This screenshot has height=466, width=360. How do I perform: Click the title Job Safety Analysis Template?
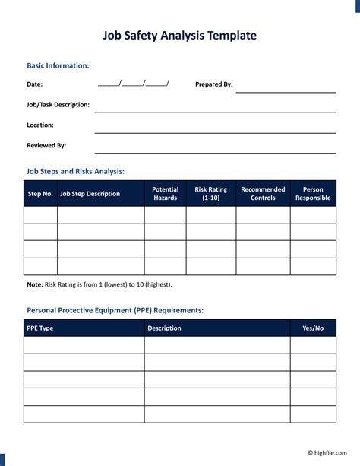(x=180, y=35)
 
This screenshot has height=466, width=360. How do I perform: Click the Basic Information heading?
(x=58, y=66)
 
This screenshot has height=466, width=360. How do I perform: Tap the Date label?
(x=35, y=84)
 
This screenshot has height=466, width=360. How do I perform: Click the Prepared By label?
(x=214, y=84)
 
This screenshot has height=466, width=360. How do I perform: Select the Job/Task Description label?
(x=58, y=104)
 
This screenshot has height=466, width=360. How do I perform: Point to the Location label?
(x=40, y=125)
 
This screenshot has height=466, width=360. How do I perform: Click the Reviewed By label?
(x=46, y=144)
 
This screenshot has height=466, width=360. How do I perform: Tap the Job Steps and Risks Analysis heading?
(x=75, y=171)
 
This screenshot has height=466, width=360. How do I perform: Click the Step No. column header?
(x=40, y=194)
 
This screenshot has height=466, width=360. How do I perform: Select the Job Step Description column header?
(x=90, y=194)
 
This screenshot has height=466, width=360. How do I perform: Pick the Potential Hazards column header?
(x=165, y=194)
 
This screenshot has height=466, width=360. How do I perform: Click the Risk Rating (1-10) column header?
(x=211, y=194)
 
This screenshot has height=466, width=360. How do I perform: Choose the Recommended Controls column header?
(x=263, y=194)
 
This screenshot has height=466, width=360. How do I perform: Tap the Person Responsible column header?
(x=313, y=194)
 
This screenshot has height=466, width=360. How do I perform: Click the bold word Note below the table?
(x=35, y=284)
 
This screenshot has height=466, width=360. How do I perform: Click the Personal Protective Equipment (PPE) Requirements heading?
(x=115, y=310)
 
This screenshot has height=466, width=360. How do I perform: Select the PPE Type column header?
(x=40, y=328)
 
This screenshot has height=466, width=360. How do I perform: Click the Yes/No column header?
(x=313, y=328)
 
